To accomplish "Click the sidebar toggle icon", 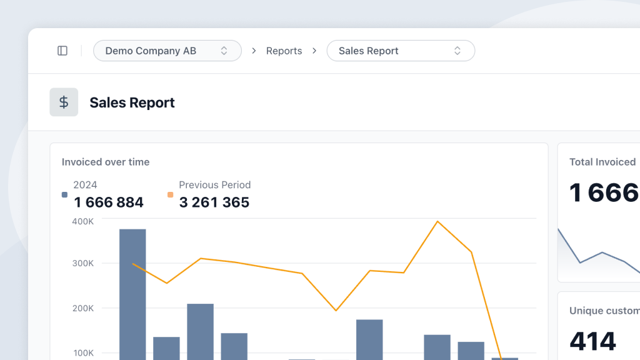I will click(x=62, y=51).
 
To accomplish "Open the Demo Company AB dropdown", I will click(x=167, y=51).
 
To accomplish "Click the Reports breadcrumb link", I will click(x=284, y=51).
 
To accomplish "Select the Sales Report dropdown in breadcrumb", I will click(x=400, y=51).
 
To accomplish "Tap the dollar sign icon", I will click(x=64, y=102).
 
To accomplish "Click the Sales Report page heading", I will click(x=132, y=102).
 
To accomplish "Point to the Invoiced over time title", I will click(x=106, y=162).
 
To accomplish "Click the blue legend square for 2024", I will click(x=64, y=195).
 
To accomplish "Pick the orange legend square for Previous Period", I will click(x=170, y=195).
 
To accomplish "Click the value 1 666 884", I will click(x=109, y=202).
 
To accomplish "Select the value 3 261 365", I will click(x=214, y=202).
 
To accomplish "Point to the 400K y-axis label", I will click(x=82, y=221).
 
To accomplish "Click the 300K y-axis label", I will click(x=82, y=263).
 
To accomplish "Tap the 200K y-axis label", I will click(x=82, y=308).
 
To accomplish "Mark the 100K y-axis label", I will click(x=82, y=353).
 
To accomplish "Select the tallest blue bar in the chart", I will click(x=132, y=294).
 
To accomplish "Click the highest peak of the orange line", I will click(x=437, y=221).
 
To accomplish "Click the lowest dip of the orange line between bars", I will click(x=336, y=310).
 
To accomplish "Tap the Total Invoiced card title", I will click(x=602, y=162).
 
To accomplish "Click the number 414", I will click(x=592, y=341).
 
